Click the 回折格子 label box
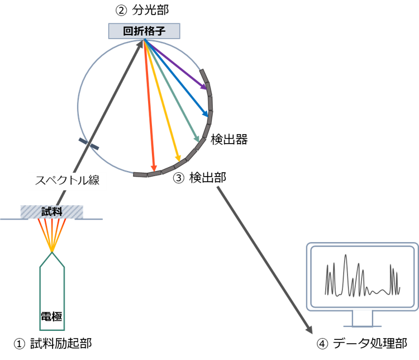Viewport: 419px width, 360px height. [x=144, y=31]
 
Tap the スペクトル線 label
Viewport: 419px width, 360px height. [x=67, y=181]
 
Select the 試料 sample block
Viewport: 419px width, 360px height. [x=51, y=212]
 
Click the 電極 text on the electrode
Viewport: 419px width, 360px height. [x=52, y=316]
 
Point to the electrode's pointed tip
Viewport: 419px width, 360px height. [x=52, y=254]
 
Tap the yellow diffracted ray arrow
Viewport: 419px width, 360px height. [x=163, y=101]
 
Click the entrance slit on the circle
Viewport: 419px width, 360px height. [x=89, y=144]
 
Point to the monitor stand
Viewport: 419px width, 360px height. [x=362, y=319]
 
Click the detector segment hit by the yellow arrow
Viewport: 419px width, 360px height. [x=180, y=163]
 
